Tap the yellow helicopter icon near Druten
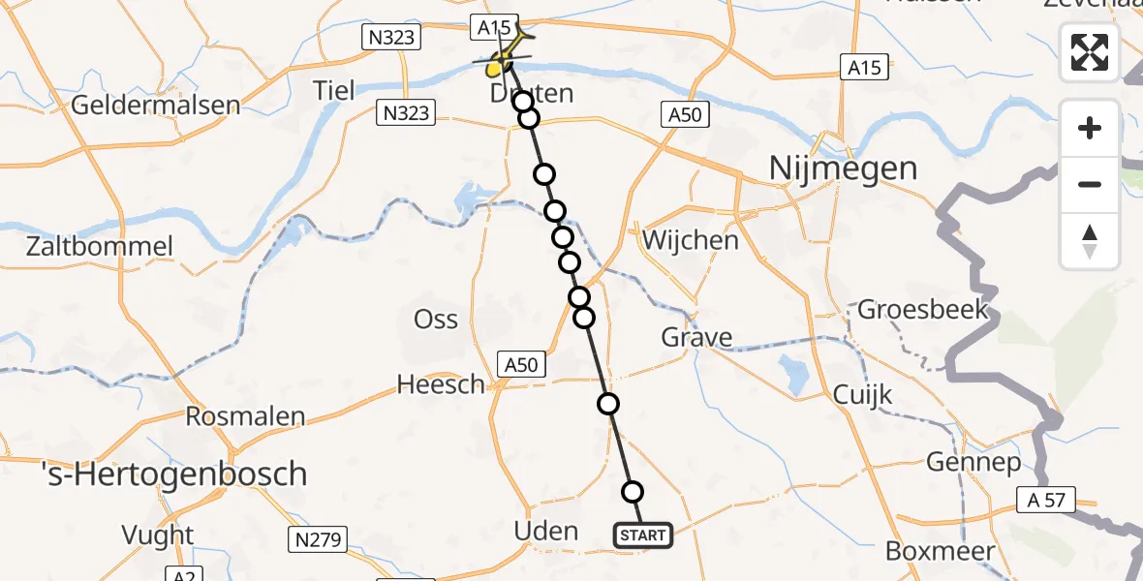pyautogui.click(x=501, y=60)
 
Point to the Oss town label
pyautogui.click(x=436, y=319)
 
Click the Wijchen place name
pyautogui.click(x=691, y=240)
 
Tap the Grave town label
pyautogui.click(x=696, y=338)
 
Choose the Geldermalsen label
pyautogui.click(x=155, y=105)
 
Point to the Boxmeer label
pyautogui.click(x=940, y=551)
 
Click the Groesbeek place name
pyautogui.click(x=923, y=310)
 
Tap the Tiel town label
pyautogui.click(x=334, y=91)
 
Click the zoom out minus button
pyautogui.click(x=1090, y=184)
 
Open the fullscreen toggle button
pyautogui.click(x=1090, y=52)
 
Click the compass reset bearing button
pyautogui.click(x=1090, y=241)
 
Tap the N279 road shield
pyautogui.click(x=317, y=539)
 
